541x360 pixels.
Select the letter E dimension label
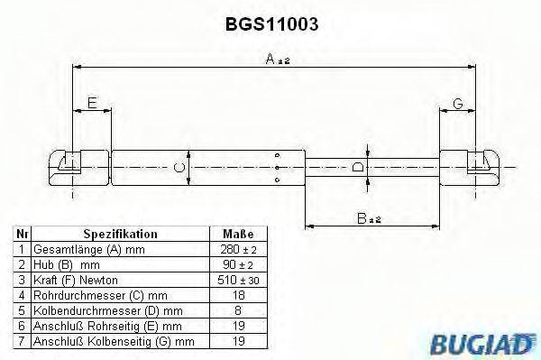click(x=91, y=105)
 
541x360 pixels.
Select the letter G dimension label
click(x=457, y=105)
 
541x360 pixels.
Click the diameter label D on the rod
click(x=359, y=168)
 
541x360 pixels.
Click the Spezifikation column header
click(x=121, y=233)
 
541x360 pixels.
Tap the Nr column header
click(x=22, y=233)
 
